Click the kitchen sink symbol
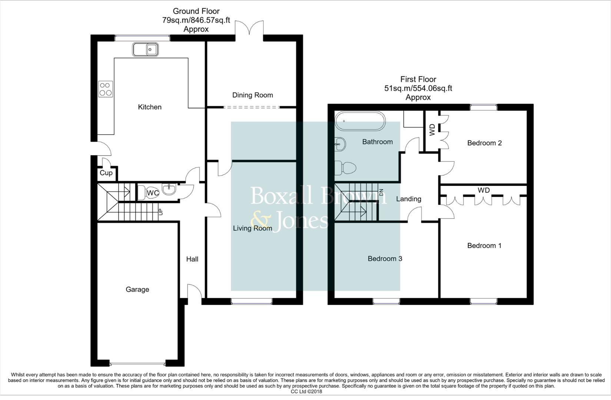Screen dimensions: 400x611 coord(145,49)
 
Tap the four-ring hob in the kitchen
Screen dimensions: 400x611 coord(105,89)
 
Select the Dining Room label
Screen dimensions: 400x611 coord(252,95)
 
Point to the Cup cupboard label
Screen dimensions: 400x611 coord(106,173)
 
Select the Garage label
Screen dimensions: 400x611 coord(137,290)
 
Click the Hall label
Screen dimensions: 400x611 coord(192,259)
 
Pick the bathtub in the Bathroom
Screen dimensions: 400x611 coord(360,121)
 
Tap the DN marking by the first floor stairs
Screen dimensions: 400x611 coord(381,192)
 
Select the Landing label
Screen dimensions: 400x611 coord(408,199)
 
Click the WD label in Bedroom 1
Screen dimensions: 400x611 coord(484,190)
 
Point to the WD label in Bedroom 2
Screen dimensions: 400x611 coord(432,130)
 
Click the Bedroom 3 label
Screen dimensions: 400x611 coord(385,259)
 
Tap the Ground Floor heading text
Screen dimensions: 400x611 coord(196,11)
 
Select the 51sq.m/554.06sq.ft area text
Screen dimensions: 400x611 coord(418,89)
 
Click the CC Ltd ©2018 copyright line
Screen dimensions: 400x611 coord(306,391)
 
